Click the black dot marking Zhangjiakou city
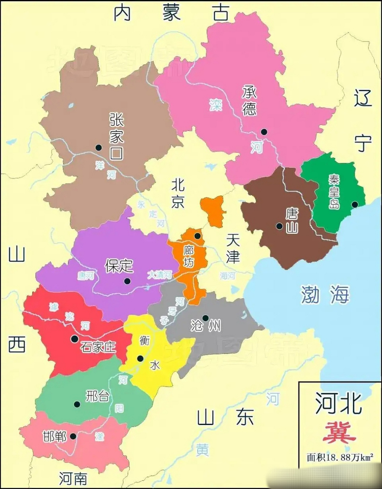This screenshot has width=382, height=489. (99, 147)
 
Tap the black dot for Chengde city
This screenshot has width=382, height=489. (264, 132)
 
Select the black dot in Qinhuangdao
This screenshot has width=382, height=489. (355, 204)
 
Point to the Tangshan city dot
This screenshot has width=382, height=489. (280, 226)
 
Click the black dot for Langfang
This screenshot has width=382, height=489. (197, 236)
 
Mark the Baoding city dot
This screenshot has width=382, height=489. (127, 281)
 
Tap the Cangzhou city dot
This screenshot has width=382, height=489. (205, 318)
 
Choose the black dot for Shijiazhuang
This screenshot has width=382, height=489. (74, 338)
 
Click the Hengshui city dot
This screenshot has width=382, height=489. (140, 358)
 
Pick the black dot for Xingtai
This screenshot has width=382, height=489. (77, 404)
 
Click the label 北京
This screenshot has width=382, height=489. (178, 194)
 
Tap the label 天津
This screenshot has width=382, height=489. (232, 248)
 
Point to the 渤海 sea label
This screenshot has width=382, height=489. (325, 294)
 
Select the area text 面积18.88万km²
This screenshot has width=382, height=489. (340, 457)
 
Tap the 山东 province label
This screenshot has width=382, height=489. (226, 417)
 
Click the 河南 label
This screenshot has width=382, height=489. (73, 478)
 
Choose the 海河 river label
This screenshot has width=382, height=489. (228, 276)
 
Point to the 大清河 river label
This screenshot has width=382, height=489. (159, 274)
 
